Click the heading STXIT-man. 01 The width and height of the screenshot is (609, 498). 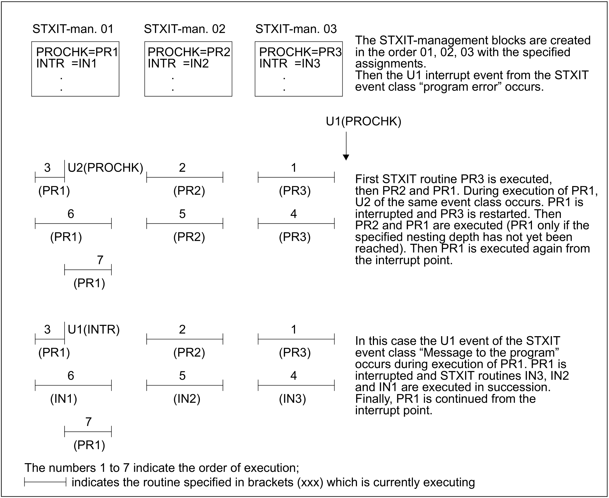[73, 29]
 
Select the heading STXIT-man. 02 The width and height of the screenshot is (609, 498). [184, 29]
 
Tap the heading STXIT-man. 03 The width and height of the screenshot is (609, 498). [296, 29]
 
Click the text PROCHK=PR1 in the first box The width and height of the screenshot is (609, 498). [77, 52]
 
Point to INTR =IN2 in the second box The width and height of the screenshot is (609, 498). [178, 63]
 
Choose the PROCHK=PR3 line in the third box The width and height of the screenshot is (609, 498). [300, 52]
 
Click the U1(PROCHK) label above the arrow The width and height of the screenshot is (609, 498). [363, 122]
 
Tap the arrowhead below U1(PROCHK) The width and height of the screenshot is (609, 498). [346, 158]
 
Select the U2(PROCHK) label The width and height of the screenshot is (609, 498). [105, 168]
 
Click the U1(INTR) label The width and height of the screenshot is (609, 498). [94, 330]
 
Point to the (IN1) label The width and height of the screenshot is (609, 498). [64, 399]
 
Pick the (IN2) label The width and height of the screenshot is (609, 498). [187, 399]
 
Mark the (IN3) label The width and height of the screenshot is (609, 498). [292, 399]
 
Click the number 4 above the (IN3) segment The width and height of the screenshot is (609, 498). [293, 376]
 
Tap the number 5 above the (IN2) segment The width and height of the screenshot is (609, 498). [182, 376]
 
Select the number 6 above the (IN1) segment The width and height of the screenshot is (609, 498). [71, 376]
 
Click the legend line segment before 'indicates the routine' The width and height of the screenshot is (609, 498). [45, 482]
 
